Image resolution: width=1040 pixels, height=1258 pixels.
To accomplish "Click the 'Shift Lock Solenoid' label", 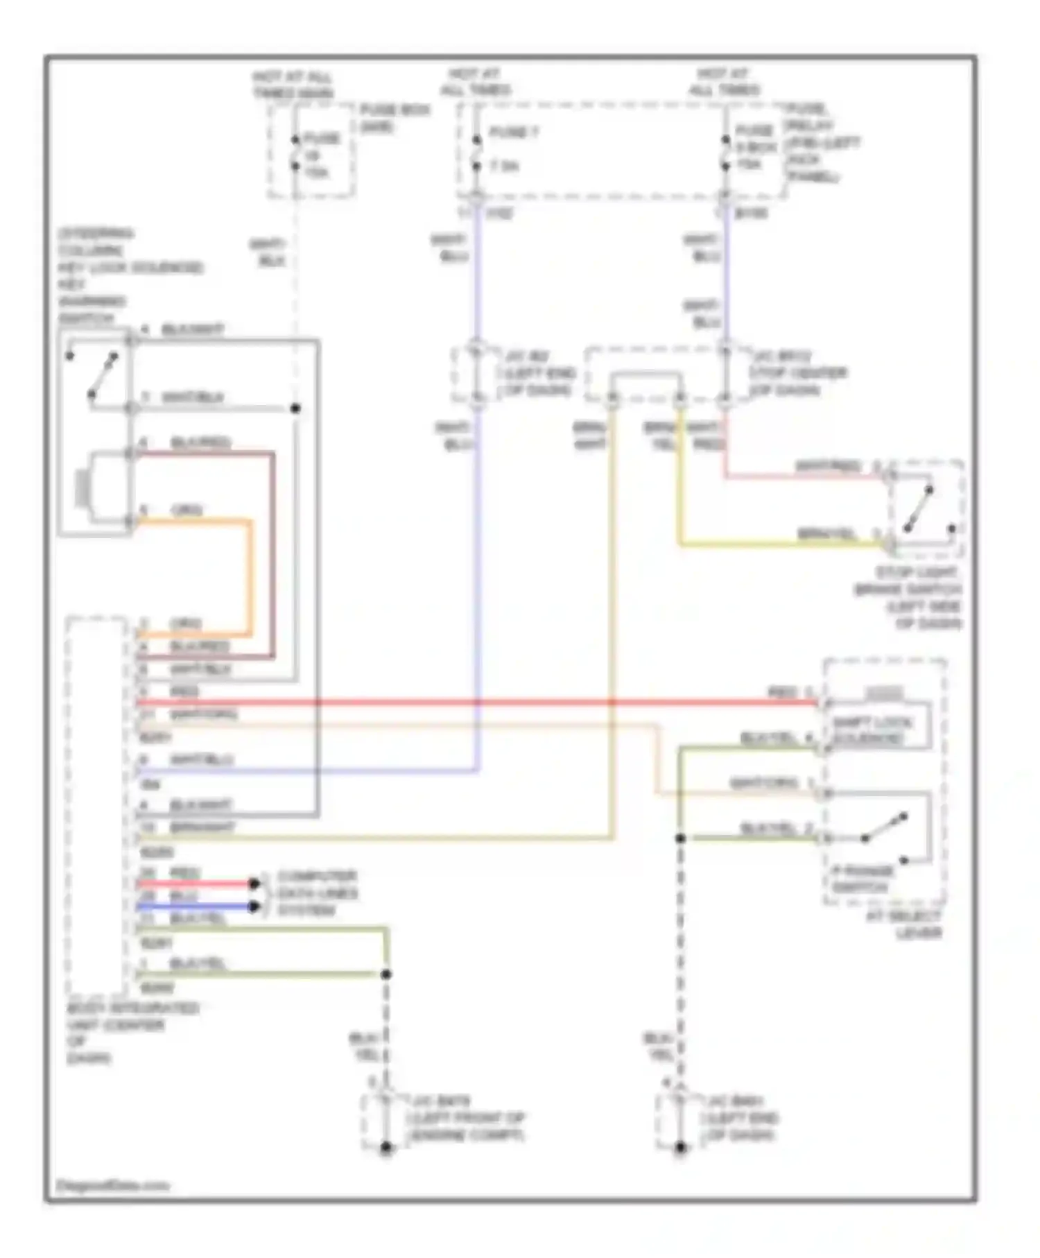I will (x=872, y=730).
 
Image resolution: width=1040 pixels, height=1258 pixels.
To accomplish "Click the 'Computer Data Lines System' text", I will (x=317, y=893).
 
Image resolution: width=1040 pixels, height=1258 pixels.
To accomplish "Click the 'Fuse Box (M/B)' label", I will (x=395, y=118).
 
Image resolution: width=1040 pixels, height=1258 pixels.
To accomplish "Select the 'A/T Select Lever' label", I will (x=904, y=924).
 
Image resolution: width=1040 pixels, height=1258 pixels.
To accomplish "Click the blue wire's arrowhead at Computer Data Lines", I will (x=254, y=906).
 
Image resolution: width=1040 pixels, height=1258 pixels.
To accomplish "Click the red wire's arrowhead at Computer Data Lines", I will (x=254, y=884).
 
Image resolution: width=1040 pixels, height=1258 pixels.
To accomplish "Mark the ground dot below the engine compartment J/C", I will (x=386, y=1148).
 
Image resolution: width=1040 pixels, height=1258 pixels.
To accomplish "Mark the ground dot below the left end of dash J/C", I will (x=680, y=1148).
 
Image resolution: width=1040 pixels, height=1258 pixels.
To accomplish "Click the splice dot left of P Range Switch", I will (x=680, y=838).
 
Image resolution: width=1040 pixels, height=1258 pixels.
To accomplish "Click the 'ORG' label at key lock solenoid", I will (x=186, y=511).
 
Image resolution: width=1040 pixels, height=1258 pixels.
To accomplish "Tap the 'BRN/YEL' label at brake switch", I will (x=826, y=534).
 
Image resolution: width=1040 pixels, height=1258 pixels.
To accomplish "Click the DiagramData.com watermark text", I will (x=112, y=1185).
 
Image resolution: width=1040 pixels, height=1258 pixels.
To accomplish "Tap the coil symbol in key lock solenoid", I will (x=82, y=488).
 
